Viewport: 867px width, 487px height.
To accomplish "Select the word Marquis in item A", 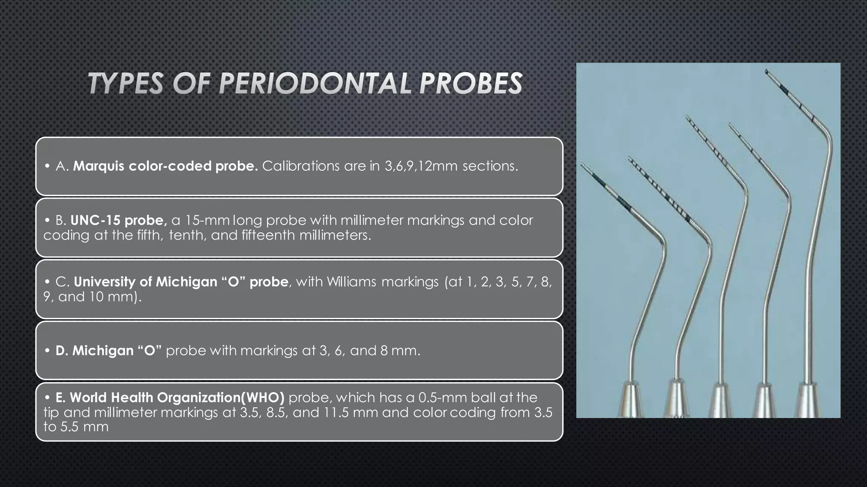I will (99, 166).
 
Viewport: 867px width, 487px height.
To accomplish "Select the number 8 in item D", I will (384, 350).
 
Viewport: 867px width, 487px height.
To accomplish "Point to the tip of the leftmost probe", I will (581, 165).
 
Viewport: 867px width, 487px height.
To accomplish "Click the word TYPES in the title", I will (126, 83).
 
